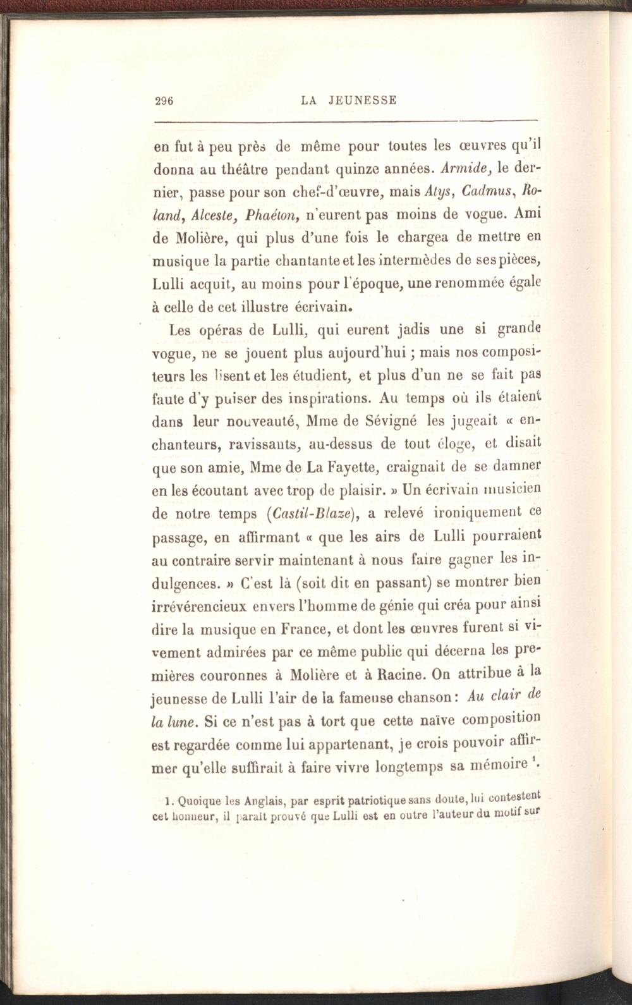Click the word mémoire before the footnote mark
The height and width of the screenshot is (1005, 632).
click(498, 766)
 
